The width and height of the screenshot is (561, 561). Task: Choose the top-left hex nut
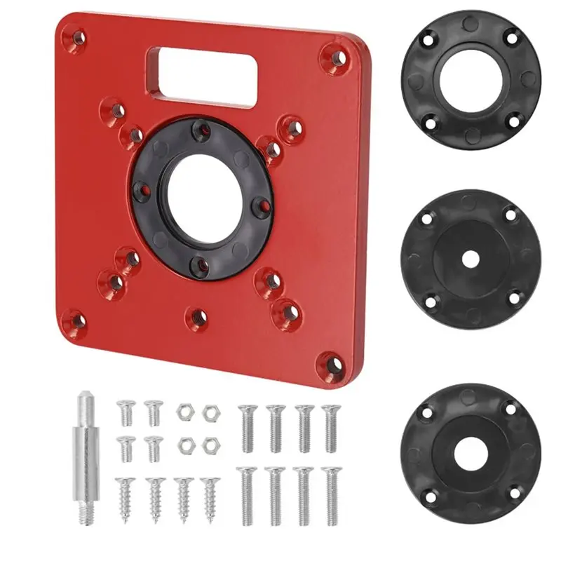184,412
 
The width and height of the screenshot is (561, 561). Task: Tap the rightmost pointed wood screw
208,496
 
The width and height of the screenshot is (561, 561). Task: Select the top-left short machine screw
126,412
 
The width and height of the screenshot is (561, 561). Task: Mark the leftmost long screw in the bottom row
248,494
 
